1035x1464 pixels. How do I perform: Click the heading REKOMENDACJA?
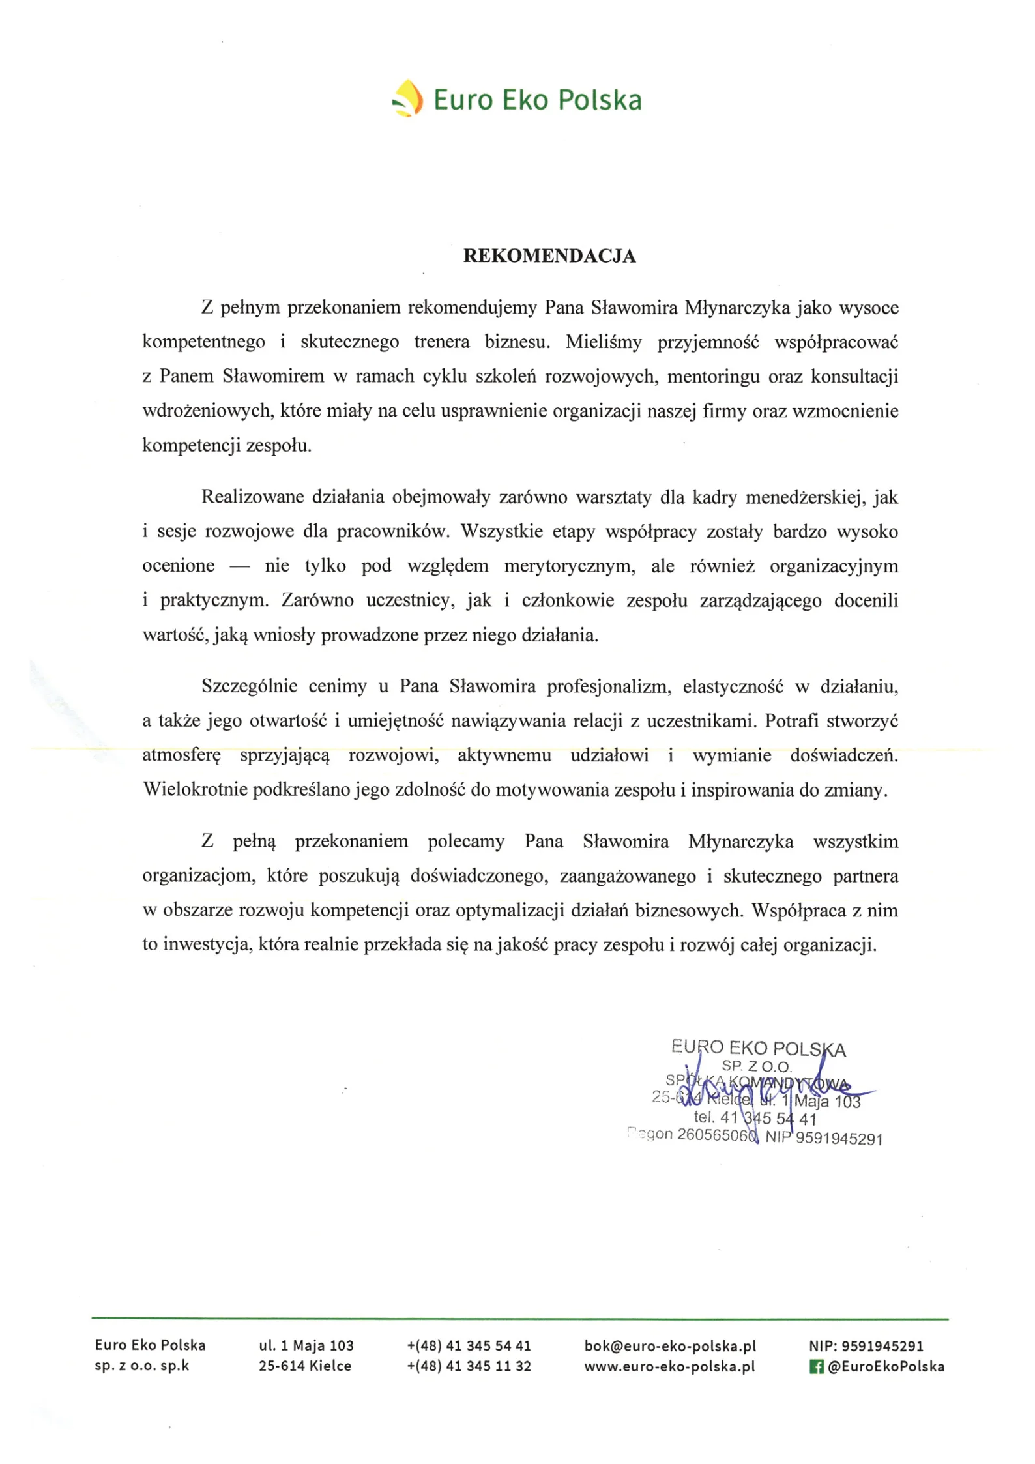pyautogui.click(x=549, y=256)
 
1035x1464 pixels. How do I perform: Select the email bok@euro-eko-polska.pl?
pyautogui.click(x=669, y=1345)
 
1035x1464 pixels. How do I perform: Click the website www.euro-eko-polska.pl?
pyautogui.click(x=669, y=1366)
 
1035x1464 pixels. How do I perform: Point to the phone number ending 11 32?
pyautogui.click(x=469, y=1366)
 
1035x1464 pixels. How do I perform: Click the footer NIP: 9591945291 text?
pyautogui.click(x=866, y=1345)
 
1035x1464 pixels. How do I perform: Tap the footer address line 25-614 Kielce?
pyautogui.click(x=304, y=1366)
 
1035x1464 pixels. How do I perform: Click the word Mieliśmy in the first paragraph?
pyautogui.click(x=603, y=342)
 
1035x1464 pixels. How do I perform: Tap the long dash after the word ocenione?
pyautogui.click(x=239, y=566)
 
